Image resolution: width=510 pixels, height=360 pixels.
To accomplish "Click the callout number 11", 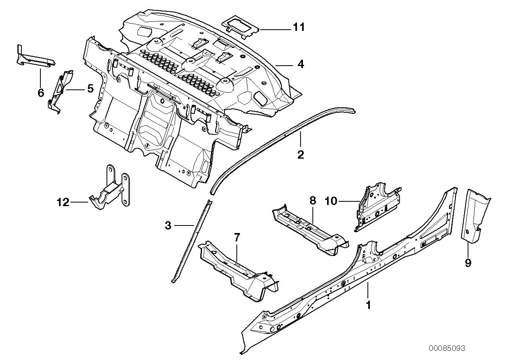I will [299, 27].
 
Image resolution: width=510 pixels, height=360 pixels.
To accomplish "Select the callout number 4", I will [301, 64].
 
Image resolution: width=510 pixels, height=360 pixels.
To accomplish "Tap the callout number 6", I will [40, 93].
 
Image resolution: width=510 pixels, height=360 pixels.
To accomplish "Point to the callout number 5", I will [90, 89].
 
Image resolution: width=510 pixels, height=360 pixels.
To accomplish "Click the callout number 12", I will [63, 203].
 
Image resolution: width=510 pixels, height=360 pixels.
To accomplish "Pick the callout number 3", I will [168, 226].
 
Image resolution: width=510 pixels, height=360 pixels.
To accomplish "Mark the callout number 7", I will [237, 238].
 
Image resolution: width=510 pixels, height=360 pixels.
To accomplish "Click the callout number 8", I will [312, 201].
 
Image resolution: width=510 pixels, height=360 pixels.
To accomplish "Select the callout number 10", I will [331, 201].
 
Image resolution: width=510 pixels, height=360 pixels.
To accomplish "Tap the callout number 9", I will [468, 263].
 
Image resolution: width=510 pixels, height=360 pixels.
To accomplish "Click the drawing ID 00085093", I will [446, 349].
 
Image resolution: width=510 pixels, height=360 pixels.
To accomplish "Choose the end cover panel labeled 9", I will [475, 216].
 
